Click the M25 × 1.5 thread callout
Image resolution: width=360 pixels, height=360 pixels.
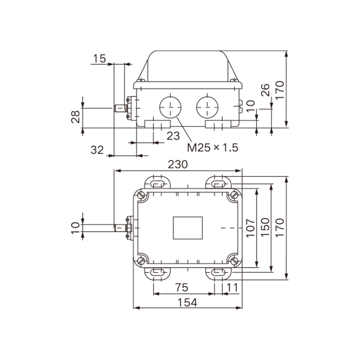[212, 148]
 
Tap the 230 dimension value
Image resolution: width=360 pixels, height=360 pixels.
[178, 164]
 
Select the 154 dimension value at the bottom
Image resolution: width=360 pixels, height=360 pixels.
[187, 302]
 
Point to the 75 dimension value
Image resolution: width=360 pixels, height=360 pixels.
[182, 288]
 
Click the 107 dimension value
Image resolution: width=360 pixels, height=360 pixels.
[251, 228]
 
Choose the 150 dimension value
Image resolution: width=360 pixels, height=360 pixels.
[265, 227]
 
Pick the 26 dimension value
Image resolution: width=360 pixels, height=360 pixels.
[265, 90]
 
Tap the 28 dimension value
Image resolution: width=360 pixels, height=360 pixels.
[76, 117]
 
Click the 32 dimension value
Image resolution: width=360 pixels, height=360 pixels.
[97, 150]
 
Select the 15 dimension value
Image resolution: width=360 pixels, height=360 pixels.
[99, 59]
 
